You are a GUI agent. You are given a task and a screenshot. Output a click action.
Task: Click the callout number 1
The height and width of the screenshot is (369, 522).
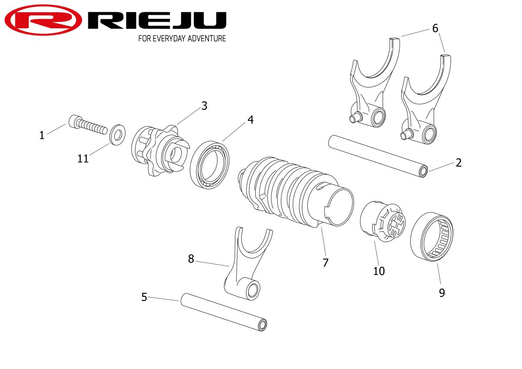(x=42, y=135)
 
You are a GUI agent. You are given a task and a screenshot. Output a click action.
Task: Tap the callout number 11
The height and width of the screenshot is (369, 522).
(x=83, y=159)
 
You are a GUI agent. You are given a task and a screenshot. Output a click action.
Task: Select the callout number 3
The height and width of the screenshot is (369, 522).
(x=204, y=106)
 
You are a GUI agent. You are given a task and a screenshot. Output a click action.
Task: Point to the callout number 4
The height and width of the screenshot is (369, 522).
(x=250, y=120)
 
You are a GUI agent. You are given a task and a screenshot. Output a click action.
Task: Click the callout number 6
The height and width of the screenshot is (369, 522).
(x=435, y=28)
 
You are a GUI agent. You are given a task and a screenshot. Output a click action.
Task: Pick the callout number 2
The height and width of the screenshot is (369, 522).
(x=458, y=163)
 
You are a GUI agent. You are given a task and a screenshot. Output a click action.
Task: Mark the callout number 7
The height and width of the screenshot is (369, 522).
(x=325, y=262)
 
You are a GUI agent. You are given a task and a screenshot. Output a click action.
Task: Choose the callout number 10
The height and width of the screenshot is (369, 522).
(x=379, y=271)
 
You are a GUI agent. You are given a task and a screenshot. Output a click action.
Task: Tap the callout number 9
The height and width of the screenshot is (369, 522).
(x=442, y=293)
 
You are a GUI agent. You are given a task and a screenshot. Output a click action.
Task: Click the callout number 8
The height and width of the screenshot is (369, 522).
(x=191, y=259)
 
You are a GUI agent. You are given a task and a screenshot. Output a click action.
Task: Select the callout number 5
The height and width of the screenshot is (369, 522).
(x=144, y=298)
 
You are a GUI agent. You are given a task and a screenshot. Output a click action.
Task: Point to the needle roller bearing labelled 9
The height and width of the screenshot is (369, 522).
(x=432, y=237)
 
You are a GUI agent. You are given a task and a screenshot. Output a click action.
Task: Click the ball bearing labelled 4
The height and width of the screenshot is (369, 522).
(x=211, y=164)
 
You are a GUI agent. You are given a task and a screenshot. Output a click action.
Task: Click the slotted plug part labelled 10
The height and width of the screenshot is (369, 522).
(x=383, y=221)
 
